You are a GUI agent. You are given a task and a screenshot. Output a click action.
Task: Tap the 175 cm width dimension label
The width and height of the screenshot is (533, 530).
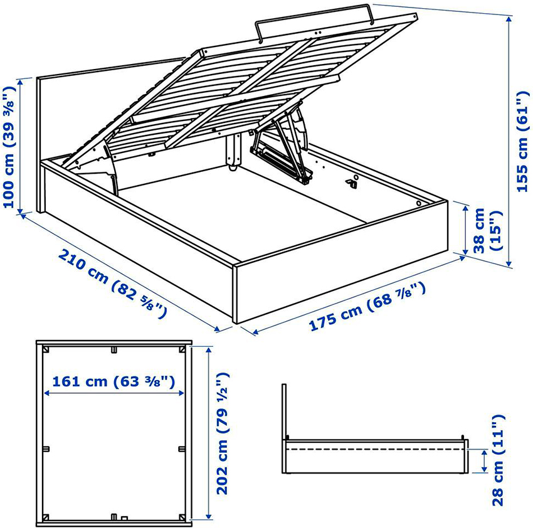coord(367,306)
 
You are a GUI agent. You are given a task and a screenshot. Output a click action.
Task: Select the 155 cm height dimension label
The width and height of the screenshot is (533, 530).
coord(522,141)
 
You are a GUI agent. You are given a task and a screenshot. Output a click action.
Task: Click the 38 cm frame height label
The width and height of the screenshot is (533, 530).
coord(487,230)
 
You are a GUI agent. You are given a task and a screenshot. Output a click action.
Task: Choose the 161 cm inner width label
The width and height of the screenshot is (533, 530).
coord(113,381)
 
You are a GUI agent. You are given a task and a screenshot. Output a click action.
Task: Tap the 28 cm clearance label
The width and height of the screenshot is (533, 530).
coord(498,460)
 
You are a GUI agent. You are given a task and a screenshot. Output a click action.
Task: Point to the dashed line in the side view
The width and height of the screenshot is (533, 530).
coord(375,450)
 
